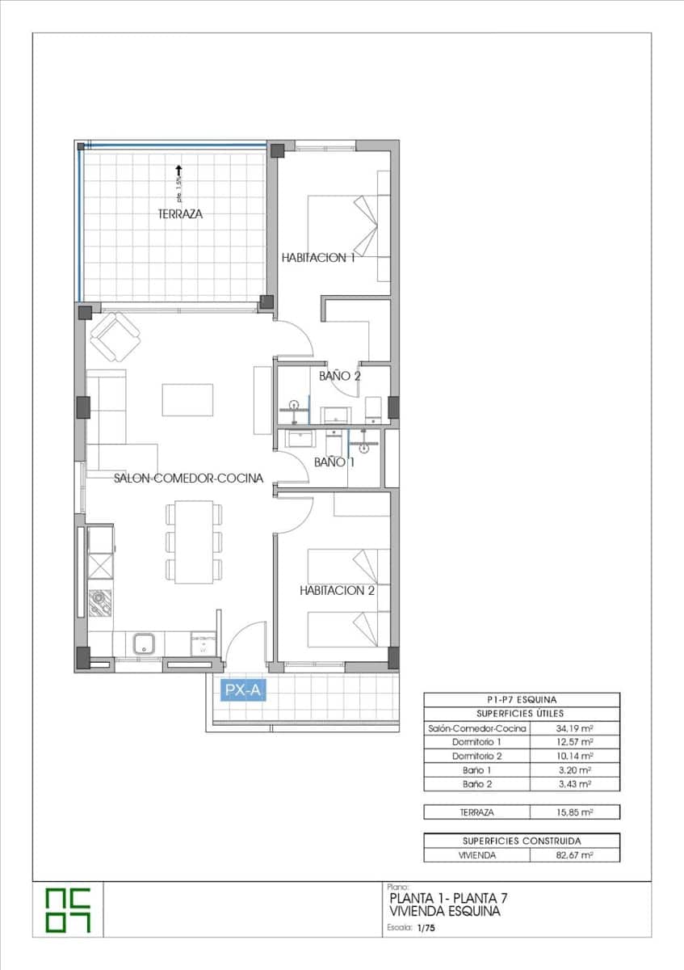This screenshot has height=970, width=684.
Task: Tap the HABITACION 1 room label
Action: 318,257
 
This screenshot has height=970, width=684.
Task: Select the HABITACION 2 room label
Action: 337,591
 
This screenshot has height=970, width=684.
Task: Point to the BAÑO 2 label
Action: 339,376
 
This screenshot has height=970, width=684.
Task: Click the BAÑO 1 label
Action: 334,462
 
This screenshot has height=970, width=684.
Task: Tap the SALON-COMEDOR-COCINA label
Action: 188,478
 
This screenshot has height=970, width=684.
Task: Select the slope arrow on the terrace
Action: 178,171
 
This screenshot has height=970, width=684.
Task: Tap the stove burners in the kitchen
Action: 100,603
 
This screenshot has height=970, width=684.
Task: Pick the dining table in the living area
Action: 193,542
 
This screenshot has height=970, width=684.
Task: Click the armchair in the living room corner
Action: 115,336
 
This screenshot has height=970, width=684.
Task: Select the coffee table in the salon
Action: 187,399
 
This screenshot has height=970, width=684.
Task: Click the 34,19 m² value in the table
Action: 574,728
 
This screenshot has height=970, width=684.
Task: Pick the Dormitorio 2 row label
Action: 476,756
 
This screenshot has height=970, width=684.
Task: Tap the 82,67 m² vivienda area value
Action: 574,854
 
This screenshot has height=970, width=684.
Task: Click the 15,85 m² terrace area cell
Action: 574,812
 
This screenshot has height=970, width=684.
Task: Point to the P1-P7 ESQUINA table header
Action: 522,699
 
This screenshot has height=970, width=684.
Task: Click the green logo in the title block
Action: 68,910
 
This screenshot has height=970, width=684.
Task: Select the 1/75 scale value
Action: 425,930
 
